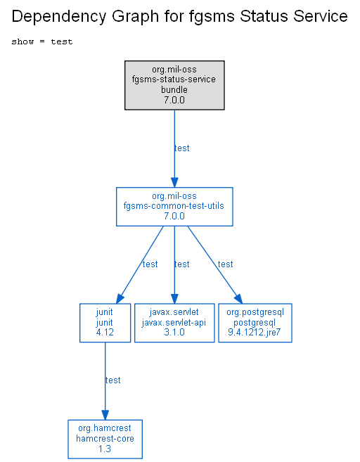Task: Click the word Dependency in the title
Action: click(x=58, y=16)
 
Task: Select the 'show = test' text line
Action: click(x=41, y=41)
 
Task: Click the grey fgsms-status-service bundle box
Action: click(x=174, y=85)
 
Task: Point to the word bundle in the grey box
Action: click(x=174, y=89)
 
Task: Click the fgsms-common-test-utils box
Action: click(x=174, y=207)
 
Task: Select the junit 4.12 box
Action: click(x=105, y=323)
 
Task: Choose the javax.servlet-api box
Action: click(x=174, y=323)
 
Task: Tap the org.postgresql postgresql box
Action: click(x=255, y=323)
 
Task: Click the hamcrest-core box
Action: click(x=105, y=439)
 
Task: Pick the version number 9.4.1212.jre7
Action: click(x=255, y=333)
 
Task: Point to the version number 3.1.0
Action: click(x=174, y=333)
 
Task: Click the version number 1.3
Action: click(x=105, y=449)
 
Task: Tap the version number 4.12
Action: click(x=105, y=333)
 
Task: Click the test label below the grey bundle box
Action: click(x=182, y=148)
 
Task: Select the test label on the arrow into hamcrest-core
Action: click(x=112, y=380)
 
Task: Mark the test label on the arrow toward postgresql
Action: click(x=226, y=264)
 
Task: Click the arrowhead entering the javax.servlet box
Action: click(x=174, y=298)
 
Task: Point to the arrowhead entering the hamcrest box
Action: click(x=105, y=415)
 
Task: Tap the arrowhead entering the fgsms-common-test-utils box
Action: click(x=174, y=182)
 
